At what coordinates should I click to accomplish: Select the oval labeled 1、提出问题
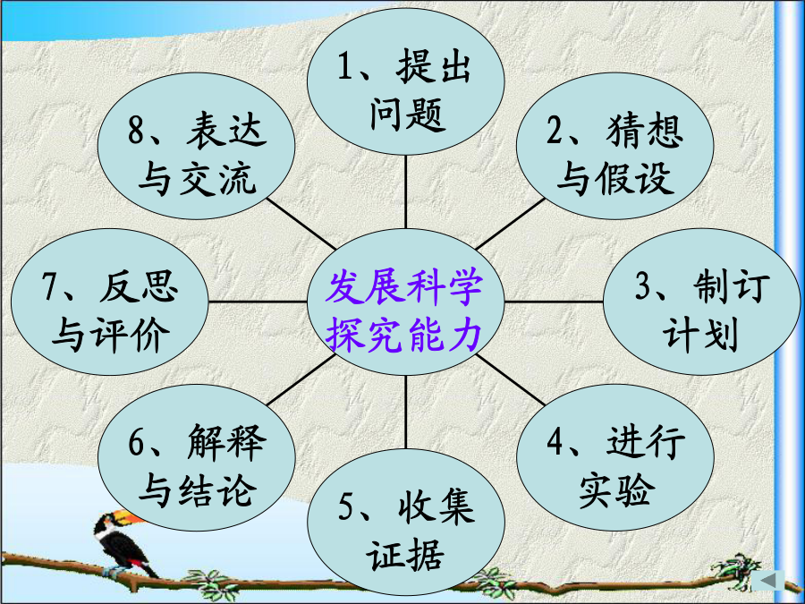[405, 81]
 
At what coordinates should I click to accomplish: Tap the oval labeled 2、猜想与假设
[615, 146]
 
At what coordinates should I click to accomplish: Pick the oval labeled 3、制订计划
[702, 302]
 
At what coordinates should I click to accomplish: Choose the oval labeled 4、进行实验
[615, 457]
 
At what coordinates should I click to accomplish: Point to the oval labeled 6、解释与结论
[197, 457]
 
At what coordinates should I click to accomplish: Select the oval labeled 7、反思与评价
[110, 302]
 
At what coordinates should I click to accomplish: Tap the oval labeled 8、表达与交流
[197, 146]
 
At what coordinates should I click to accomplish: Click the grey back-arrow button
[768, 581]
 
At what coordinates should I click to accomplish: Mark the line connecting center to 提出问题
[405, 191]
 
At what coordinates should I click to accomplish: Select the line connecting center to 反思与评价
[258, 302]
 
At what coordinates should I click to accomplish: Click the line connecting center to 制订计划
[554, 302]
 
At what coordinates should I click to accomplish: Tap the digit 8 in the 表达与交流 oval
[136, 130]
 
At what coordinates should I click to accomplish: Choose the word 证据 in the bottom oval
[404, 555]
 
